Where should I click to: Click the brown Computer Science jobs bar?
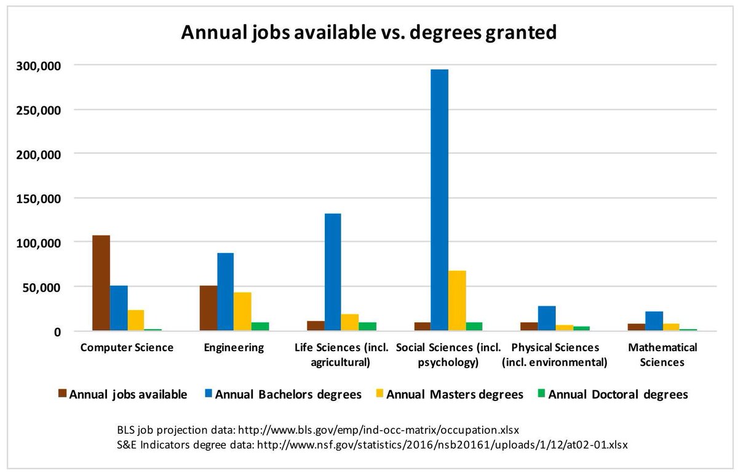point(101,283)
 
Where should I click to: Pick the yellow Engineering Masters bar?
point(242,311)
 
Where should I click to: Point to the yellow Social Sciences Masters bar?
point(457,301)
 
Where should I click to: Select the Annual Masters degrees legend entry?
point(454,394)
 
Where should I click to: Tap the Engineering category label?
point(234,347)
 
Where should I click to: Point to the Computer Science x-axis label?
point(127,347)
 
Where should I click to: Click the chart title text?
point(368,32)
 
